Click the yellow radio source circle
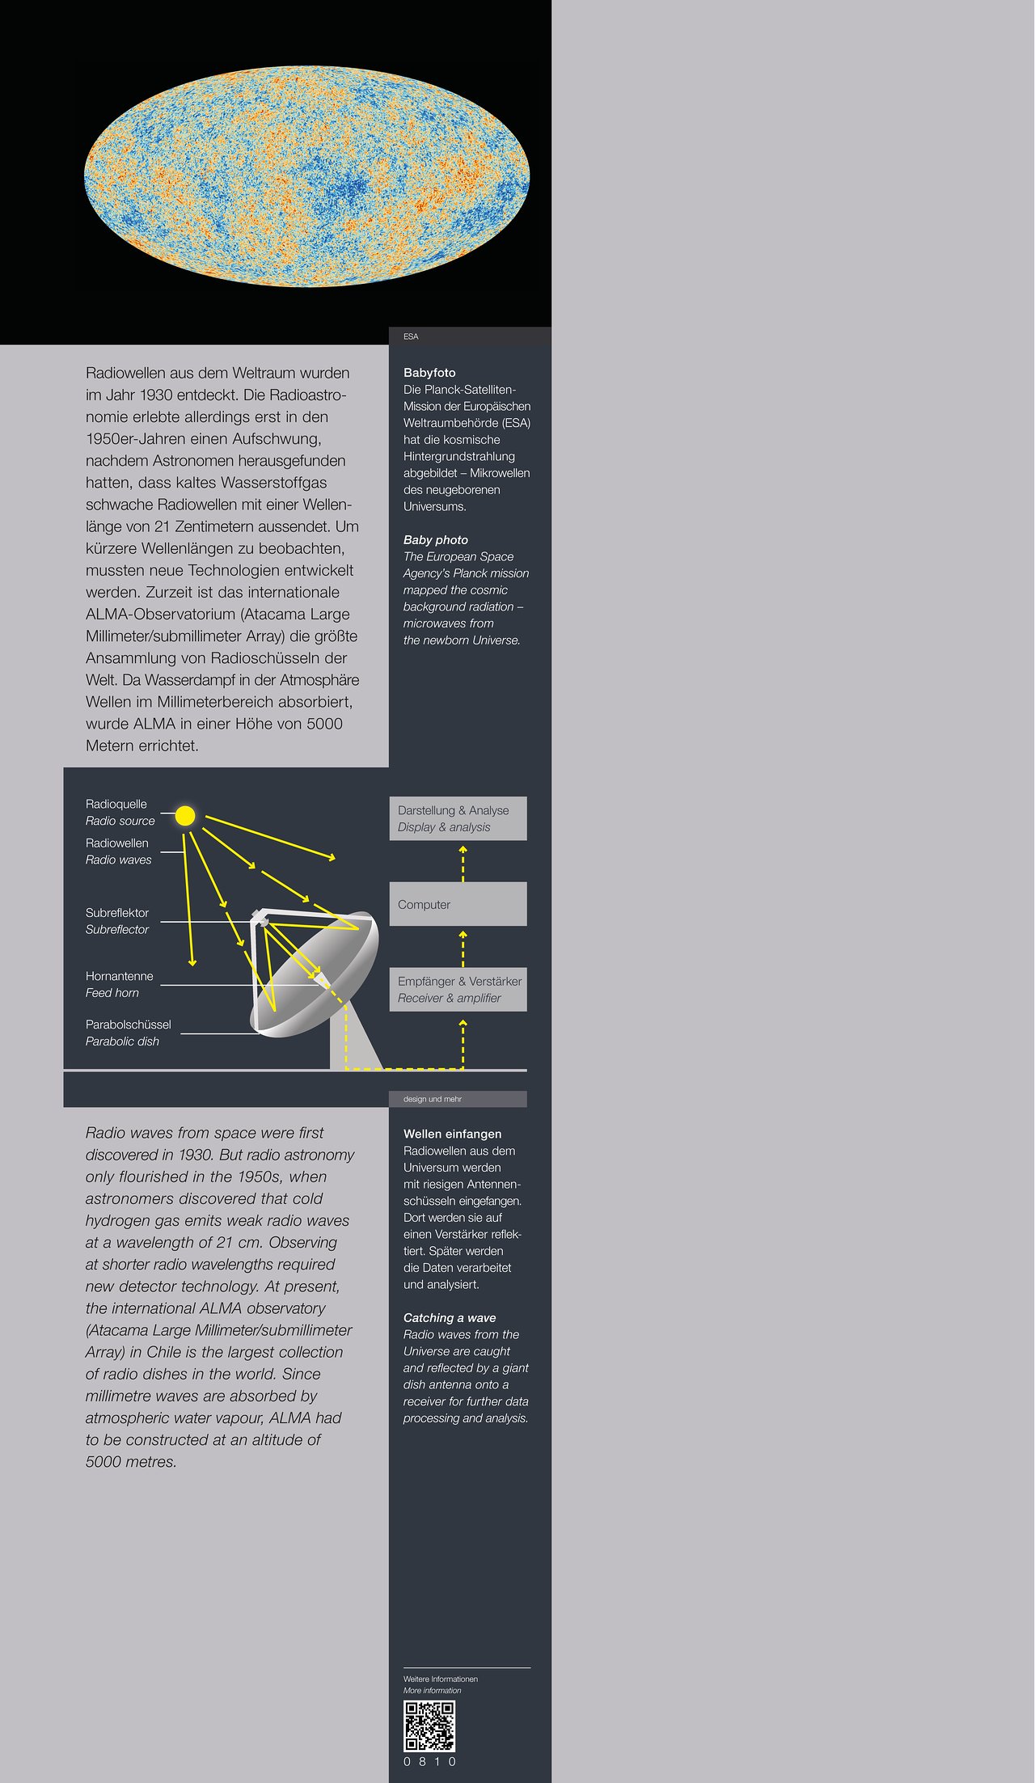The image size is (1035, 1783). click(x=185, y=816)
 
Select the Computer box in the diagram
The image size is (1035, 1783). click(x=458, y=904)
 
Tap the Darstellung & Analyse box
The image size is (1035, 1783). click(x=458, y=818)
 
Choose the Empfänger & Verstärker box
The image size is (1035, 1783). click(x=458, y=989)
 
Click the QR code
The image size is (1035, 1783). click(x=429, y=1726)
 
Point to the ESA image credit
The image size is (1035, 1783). click(x=411, y=336)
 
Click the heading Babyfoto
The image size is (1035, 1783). click(x=429, y=373)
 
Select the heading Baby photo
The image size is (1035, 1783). click(x=435, y=539)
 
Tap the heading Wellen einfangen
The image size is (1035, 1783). click(x=452, y=1134)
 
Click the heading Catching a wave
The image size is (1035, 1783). click(x=450, y=1317)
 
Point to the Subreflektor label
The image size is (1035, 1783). click(x=117, y=913)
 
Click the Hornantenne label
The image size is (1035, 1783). click(x=119, y=976)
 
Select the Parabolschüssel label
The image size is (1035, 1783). click(x=128, y=1025)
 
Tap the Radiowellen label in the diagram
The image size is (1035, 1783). click(x=116, y=843)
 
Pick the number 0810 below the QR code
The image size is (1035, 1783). click(x=429, y=1761)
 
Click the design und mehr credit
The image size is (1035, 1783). click(x=433, y=1099)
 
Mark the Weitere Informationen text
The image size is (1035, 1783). click(x=440, y=1679)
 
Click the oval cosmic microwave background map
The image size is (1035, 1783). click(x=306, y=176)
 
